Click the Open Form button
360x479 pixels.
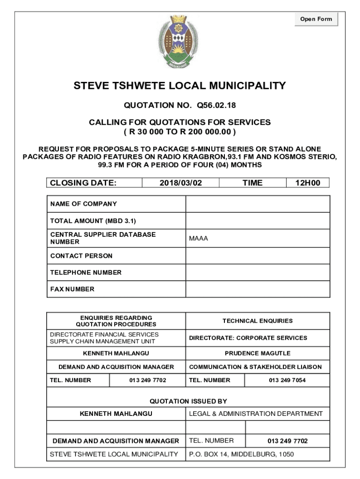click(x=316, y=19)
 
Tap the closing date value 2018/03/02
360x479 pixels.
click(x=180, y=183)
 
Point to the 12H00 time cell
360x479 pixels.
click(x=308, y=183)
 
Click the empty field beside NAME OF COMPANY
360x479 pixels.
click(x=258, y=204)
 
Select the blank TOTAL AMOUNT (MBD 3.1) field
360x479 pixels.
click(x=258, y=221)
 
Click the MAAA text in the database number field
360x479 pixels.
click(x=199, y=239)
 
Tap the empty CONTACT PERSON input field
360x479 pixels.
click(x=258, y=256)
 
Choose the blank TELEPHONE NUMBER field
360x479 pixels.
click(x=258, y=272)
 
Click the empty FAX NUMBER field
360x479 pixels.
click(x=258, y=289)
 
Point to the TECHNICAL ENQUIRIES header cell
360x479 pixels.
click(x=258, y=321)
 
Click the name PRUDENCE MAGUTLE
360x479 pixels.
click(x=258, y=353)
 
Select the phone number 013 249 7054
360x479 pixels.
click(x=287, y=380)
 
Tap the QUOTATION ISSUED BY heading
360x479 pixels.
click(x=188, y=401)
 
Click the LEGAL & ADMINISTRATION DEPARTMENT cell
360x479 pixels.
click(x=256, y=414)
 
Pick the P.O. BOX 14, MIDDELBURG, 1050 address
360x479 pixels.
click(x=241, y=454)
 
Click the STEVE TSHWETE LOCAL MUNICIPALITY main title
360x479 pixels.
click(x=180, y=86)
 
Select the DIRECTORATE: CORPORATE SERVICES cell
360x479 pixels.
click(x=248, y=338)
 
